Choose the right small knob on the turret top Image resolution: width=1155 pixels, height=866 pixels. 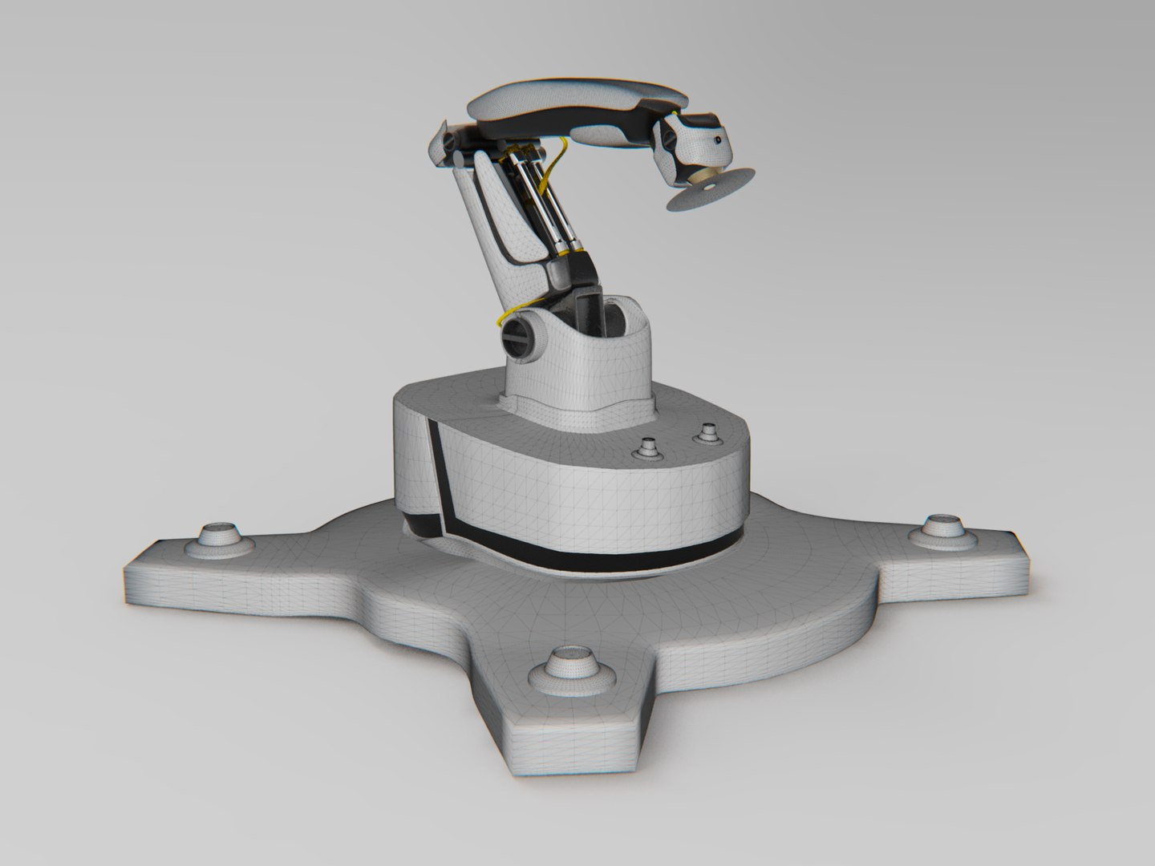(707, 433)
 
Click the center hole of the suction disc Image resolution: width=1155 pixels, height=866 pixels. (709, 189)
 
